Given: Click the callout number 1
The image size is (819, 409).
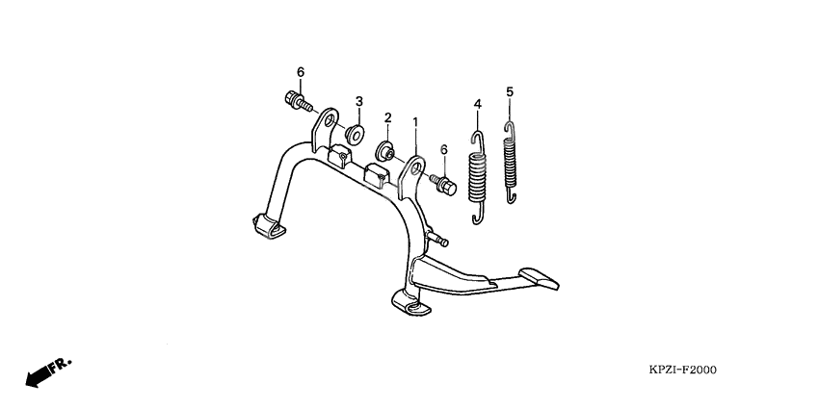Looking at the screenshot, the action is tap(415, 122).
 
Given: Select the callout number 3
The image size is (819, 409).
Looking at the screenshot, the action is tap(359, 101).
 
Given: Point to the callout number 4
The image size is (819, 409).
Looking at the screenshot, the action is tap(477, 104).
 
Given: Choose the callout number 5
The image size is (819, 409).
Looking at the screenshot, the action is tap(510, 91).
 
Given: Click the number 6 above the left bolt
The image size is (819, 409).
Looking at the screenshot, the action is tap(301, 72).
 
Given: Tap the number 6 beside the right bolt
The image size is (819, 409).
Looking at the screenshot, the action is tap(444, 150).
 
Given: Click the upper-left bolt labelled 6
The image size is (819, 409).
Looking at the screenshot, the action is tap(299, 101).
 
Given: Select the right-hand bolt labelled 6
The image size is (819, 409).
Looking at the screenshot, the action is tap(443, 185).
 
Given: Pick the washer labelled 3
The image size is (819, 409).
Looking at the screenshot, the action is tap(356, 133).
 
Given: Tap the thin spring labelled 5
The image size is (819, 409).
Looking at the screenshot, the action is tap(511, 162).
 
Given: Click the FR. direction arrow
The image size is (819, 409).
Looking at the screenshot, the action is tap(48, 372).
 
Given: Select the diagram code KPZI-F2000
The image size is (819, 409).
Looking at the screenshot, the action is tap(683, 370).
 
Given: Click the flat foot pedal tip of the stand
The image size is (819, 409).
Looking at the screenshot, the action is tap(539, 278).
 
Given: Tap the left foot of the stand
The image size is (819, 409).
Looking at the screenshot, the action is tap(270, 226).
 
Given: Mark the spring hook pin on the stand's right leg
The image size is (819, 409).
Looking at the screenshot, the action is tap(438, 239).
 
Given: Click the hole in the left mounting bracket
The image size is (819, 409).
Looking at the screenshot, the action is tap(330, 123).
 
